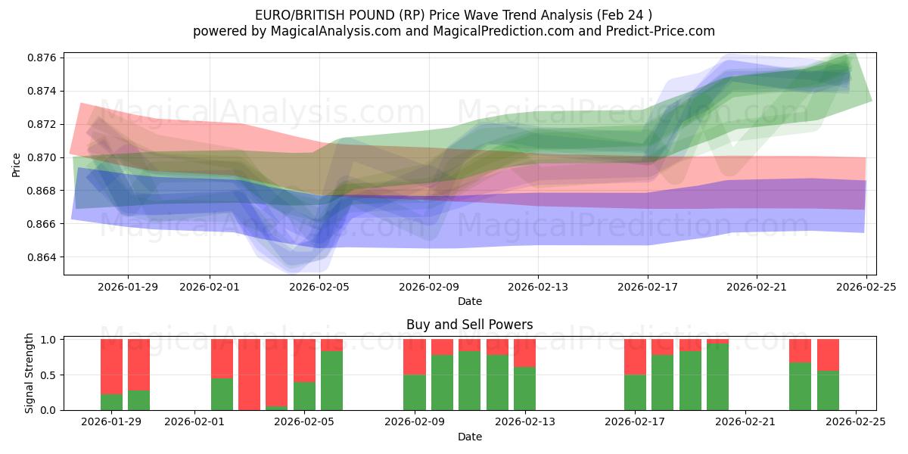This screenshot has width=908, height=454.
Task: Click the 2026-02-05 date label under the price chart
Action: coord(319,287)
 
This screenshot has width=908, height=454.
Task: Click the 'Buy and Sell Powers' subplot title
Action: coord(469,325)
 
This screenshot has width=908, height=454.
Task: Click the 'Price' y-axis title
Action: coord(17,163)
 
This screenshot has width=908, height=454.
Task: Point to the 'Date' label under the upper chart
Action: coord(469,301)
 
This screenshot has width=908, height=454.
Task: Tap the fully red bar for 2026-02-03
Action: coord(249,375)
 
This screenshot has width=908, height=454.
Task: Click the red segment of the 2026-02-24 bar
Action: coord(828,354)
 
